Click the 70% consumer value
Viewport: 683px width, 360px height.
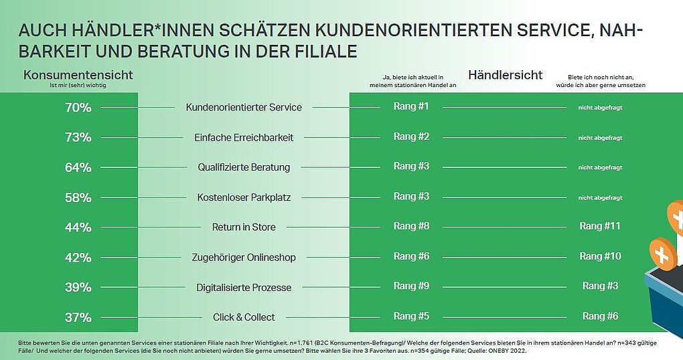(78, 107)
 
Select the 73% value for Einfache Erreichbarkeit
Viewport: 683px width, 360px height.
(78, 137)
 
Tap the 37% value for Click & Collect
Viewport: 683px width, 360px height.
(78, 317)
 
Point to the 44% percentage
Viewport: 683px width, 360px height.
(78, 228)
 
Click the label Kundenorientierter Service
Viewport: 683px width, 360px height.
(244, 107)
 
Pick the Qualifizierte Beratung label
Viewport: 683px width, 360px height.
(244, 167)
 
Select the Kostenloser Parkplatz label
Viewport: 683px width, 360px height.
(244, 197)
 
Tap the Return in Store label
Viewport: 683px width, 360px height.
(244, 227)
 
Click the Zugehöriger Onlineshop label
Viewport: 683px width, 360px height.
(244, 257)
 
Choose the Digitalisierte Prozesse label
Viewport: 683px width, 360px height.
(244, 287)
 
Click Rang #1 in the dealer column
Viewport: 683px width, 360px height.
(411, 106)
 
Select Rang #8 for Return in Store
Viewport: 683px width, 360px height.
(411, 226)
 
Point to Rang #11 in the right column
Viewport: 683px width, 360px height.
(600, 226)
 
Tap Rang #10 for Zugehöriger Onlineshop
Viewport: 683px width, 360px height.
(600, 256)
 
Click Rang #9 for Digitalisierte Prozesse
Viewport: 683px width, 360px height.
(411, 286)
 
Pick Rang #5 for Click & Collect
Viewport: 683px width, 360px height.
(411, 316)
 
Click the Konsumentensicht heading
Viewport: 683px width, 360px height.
(78, 74)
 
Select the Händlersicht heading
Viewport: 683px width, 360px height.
(506, 74)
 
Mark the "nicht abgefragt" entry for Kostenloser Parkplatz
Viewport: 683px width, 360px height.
(600, 197)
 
